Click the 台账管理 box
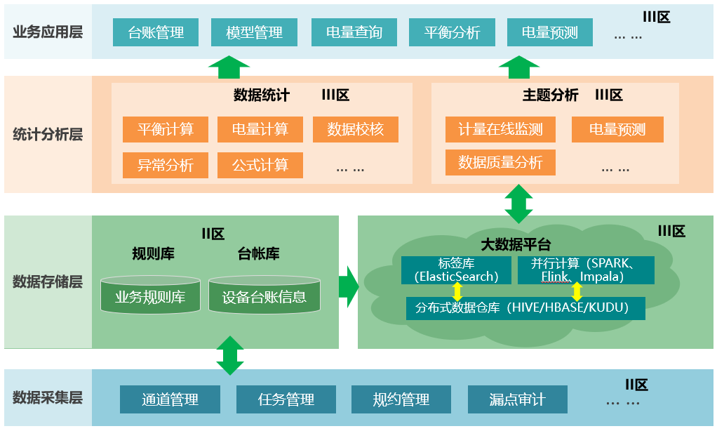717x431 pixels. tap(156, 32)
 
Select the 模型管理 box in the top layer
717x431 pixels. tap(254, 32)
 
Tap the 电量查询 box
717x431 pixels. tap(354, 32)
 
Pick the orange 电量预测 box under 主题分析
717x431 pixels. tap(617, 130)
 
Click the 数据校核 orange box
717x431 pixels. tap(356, 130)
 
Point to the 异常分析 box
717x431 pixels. tap(165, 166)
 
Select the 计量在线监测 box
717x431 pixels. tap(500, 130)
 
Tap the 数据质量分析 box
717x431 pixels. tap(500, 163)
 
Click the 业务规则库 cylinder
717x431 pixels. tap(150, 296)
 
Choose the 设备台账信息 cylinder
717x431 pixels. tap(264, 296)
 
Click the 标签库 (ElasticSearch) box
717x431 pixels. tap(456, 270)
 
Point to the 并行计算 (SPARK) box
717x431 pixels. tap(586, 270)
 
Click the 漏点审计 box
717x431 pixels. tap(517, 399)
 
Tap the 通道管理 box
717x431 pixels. tap(170, 399)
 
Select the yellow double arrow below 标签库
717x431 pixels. tap(457, 291)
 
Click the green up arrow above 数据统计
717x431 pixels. tap(229, 67)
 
